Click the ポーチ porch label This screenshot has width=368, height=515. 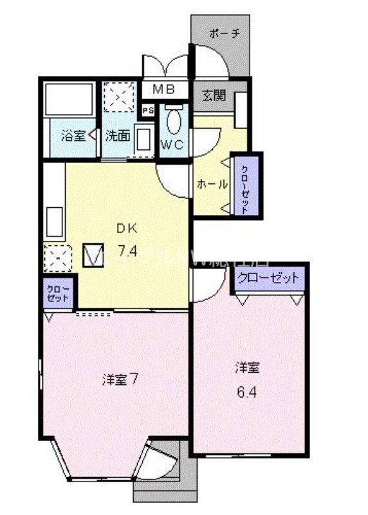[x=225, y=34]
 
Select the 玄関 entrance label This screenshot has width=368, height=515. [x=214, y=95]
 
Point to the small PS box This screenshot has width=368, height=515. [x=148, y=110]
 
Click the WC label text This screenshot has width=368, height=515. [x=173, y=145]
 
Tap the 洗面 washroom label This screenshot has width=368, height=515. [x=118, y=136]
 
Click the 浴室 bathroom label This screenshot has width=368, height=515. [x=71, y=136]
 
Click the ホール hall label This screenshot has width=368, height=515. [x=212, y=183]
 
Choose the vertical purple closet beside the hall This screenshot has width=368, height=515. [x=246, y=184]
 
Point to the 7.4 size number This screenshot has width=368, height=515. [x=126, y=252]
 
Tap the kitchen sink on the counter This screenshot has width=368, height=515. [x=53, y=220]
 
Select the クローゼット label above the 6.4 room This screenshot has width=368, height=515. [x=268, y=278]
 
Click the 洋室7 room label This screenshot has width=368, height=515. [x=120, y=379]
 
